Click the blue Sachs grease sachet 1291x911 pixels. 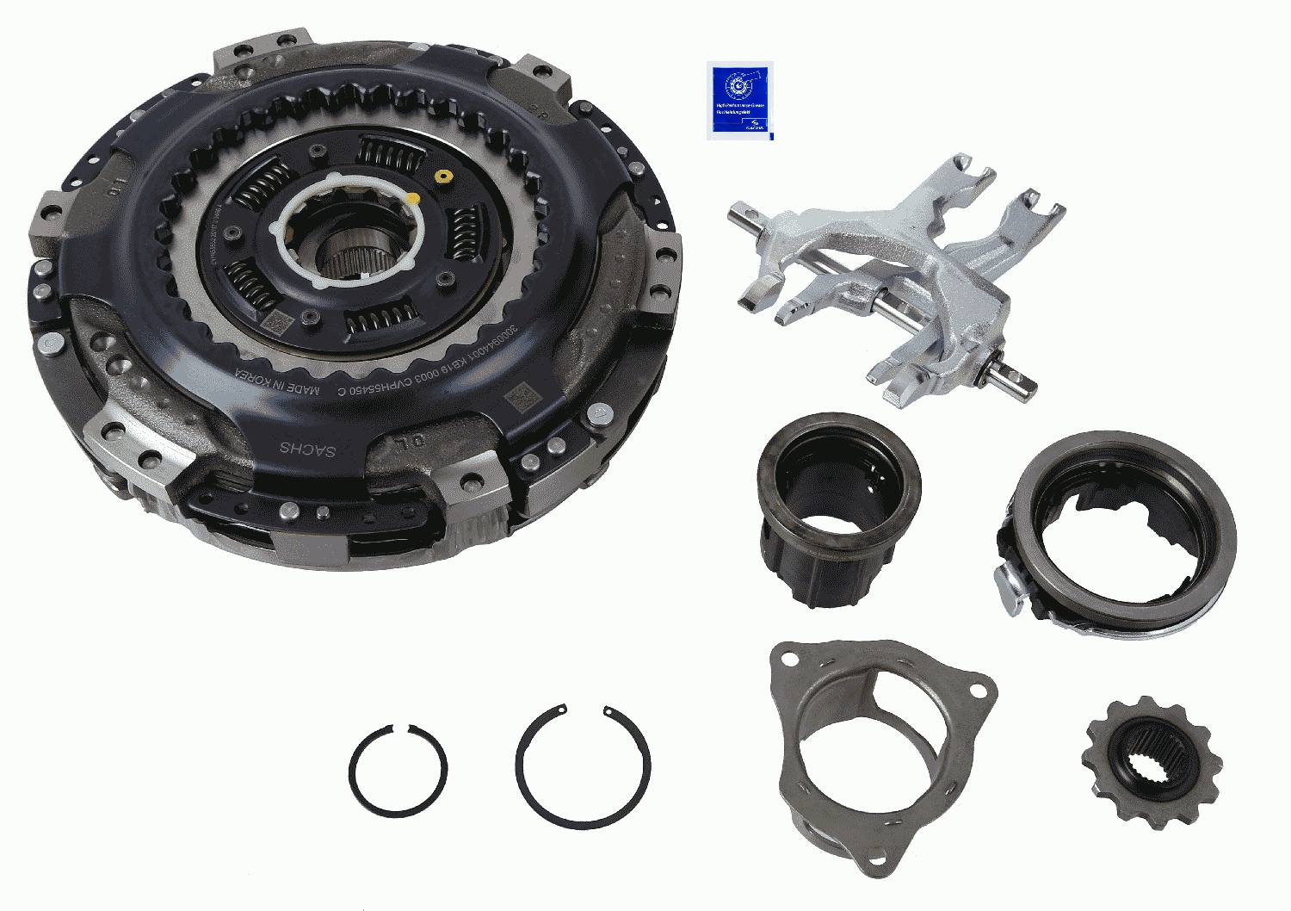[739, 100]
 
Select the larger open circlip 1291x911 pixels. [583, 766]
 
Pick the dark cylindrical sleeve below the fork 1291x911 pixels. [837, 508]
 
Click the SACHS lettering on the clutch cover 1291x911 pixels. [307, 449]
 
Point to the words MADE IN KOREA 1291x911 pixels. [277, 386]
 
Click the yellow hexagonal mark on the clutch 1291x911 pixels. [443, 176]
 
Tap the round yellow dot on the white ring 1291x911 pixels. [413, 199]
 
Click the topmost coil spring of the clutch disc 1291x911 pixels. [390, 152]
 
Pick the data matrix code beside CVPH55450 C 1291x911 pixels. [519, 398]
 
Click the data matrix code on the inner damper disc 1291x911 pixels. [277, 322]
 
